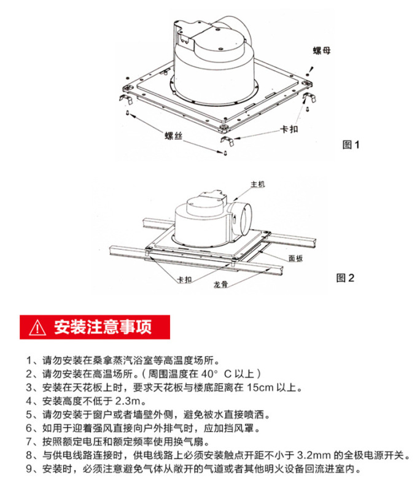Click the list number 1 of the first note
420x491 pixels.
click(x=29, y=360)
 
